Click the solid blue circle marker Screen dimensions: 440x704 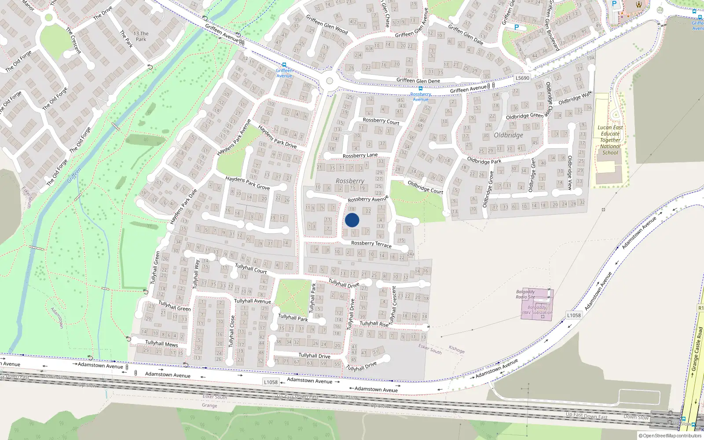[x=352, y=220]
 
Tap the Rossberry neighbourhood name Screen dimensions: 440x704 [x=350, y=181]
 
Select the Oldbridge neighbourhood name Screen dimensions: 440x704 [x=508, y=135]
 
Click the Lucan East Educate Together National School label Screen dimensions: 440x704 [x=610, y=140]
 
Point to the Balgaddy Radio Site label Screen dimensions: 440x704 [x=525, y=294]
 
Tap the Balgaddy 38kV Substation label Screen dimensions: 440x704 [x=537, y=310]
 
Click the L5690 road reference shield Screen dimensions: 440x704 [x=522, y=78]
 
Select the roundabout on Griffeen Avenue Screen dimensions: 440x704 [x=329, y=81]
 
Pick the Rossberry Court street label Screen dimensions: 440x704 [x=381, y=121]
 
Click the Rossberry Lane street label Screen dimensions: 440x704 [x=360, y=155]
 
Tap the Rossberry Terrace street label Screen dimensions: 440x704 [x=371, y=243]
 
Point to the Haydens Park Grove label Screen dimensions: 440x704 [x=247, y=183]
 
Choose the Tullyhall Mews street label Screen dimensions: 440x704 [x=161, y=343]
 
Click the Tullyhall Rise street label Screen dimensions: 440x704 [x=374, y=323]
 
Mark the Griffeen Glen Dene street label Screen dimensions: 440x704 [x=418, y=81]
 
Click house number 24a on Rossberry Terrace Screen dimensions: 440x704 [x=411, y=254]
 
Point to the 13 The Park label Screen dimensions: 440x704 [x=141, y=36]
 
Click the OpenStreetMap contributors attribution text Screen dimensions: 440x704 [x=672, y=436]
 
